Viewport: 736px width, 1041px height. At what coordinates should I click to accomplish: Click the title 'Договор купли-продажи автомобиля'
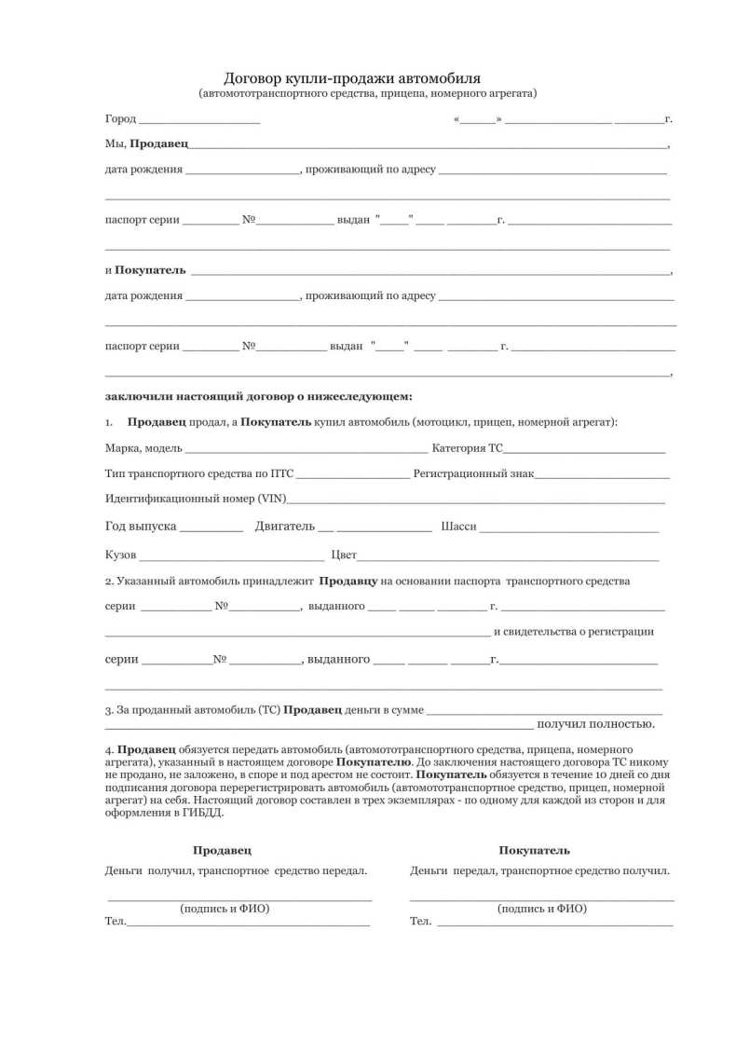tap(352, 77)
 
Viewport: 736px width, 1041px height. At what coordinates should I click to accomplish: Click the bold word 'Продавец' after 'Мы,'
tap(159, 144)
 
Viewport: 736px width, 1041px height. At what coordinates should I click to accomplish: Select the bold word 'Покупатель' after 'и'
tap(150, 270)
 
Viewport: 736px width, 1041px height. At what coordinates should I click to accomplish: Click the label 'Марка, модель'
tap(143, 448)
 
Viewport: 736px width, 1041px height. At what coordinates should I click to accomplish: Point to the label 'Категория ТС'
tap(467, 448)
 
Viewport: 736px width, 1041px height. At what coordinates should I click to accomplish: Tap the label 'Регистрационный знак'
tap(473, 473)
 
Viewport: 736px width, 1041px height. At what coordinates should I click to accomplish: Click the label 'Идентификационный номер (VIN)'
tap(197, 499)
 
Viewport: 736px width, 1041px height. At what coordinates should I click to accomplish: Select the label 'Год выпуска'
tap(141, 527)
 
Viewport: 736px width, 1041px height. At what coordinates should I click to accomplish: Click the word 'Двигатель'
tap(285, 527)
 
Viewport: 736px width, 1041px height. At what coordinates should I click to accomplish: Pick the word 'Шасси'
tap(458, 527)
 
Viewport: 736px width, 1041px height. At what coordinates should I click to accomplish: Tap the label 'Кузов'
tap(120, 555)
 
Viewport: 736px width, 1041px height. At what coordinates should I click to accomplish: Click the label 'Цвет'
tap(344, 555)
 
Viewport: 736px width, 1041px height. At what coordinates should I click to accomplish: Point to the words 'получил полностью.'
tap(595, 723)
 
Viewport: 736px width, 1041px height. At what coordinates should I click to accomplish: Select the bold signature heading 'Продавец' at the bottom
tap(222, 850)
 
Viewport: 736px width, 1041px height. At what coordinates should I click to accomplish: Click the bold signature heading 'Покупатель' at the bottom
tap(534, 850)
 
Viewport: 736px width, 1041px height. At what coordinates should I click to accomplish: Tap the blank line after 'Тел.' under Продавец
tap(248, 924)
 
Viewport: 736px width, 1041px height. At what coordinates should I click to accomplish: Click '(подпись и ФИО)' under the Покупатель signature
tap(541, 908)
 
